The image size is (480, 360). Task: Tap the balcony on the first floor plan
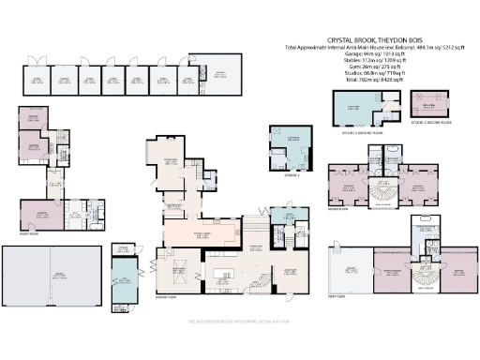click(x=352, y=271)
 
